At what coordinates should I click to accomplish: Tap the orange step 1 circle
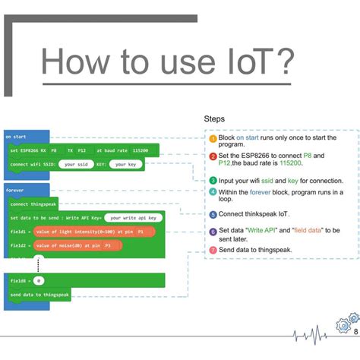coord(213,138)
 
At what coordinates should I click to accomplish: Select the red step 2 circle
coord(213,156)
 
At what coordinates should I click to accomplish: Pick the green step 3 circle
coord(213,181)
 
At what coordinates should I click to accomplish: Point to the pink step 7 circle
coord(213,249)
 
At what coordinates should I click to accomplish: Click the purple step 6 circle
coord(213,232)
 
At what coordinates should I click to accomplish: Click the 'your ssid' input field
coord(78,164)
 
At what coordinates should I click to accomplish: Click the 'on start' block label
coord(14,137)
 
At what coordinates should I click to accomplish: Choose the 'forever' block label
coord(15,191)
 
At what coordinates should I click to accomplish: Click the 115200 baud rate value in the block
coord(139,150)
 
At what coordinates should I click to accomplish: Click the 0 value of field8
coord(37,281)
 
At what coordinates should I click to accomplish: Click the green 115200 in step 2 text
coord(283,164)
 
